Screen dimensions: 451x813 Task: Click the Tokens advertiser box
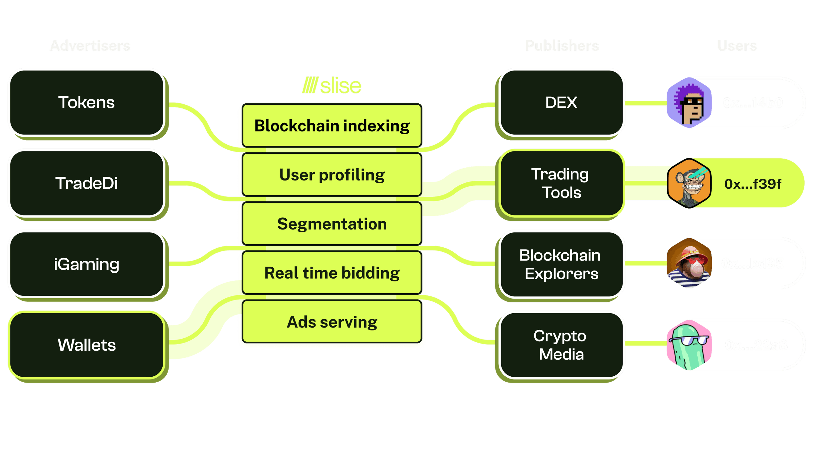(x=87, y=103)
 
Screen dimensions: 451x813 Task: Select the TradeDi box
(x=87, y=183)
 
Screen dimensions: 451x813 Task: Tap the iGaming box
(x=87, y=264)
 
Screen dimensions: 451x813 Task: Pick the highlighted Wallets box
(x=87, y=345)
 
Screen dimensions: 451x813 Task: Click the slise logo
(x=332, y=85)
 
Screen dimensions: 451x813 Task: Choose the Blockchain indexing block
(x=332, y=126)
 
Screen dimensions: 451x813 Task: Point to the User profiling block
(x=332, y=175)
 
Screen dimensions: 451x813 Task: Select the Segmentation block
(x=332, y=224)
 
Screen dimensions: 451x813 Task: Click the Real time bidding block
(x=332, y=273)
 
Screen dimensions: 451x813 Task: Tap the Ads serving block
(x=332, y=322)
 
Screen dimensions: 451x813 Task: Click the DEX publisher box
(x=561, y=103)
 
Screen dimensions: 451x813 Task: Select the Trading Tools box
(x=561, y=183)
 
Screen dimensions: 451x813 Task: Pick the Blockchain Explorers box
(x=561, y=264)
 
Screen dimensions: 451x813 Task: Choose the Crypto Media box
(x=561, y=345)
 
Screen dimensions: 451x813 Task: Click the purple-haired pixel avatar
(x=689, y=103)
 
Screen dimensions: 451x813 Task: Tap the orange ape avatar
(x=689, y=183)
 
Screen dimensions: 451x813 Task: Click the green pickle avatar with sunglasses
(x=689, y=345)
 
